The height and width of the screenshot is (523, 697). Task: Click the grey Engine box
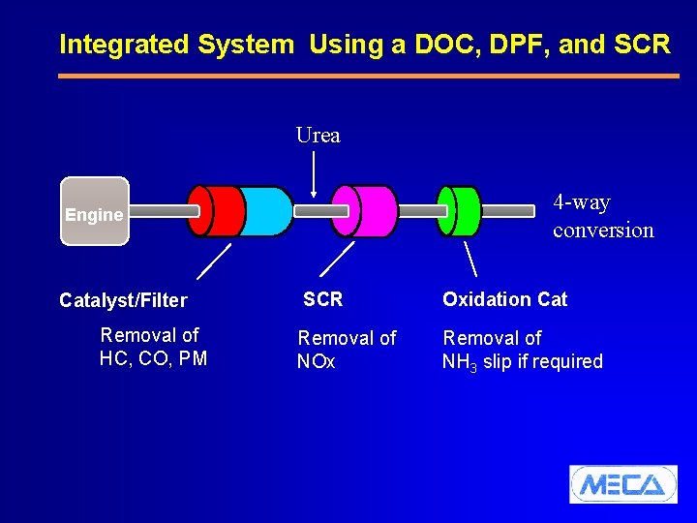click(94, 212)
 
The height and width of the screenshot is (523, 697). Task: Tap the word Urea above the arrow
click(318, 136)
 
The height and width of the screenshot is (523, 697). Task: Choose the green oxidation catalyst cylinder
click(463, 210)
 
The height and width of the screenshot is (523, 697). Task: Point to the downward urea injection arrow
click(314, 174)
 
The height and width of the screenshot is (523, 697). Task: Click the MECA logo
click(622, 483)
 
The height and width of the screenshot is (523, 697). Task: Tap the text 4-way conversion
click(602, 216)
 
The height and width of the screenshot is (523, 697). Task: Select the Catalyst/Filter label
click(123, 300)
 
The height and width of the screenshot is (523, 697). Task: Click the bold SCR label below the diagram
click(322, 299)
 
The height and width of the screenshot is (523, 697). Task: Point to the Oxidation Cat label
click(504, 299)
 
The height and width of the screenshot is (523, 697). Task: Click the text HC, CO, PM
click(153, 358)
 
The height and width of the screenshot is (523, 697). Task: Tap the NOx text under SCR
click(316, 362)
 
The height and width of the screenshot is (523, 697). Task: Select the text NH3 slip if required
click(522, 362)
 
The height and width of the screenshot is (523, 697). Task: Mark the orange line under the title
click(363, 76)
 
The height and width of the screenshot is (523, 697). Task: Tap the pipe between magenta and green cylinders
click(423, 210)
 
